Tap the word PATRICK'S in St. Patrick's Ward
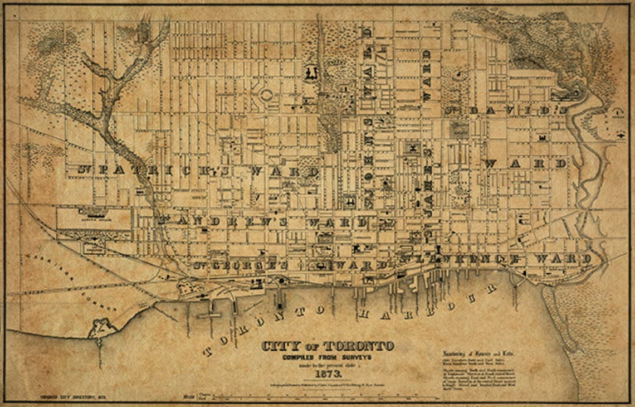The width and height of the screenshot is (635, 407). click(x=178, y=171)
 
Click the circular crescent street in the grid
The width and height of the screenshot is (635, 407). click(x=266, y=95)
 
